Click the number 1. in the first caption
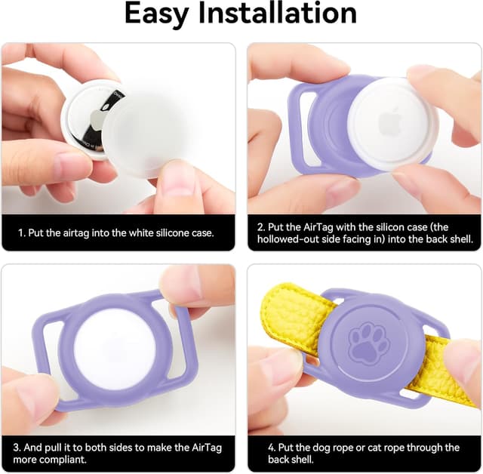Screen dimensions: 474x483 point(22,233)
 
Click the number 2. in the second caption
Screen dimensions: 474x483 point(260,226)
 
